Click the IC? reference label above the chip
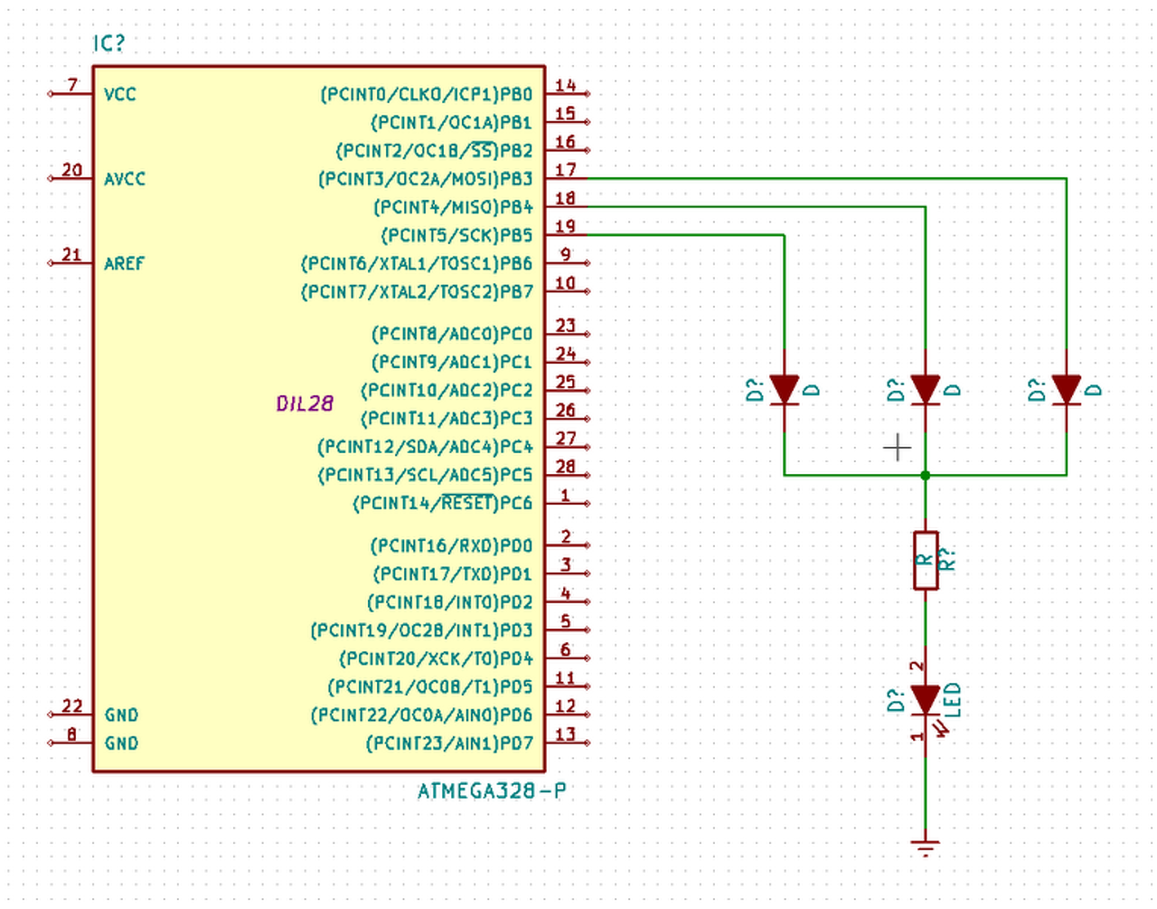[108, 43]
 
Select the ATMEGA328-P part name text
[492, 791]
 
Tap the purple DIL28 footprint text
[306, 403]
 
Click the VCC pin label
[120, 94]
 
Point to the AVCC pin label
[125, 179]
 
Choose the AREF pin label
[124, 263]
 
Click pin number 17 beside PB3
[566, 169]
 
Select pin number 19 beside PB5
[566, 226]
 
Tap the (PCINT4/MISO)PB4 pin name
[453, 207]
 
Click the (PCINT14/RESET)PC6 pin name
[442, 503]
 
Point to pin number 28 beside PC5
[566, 466]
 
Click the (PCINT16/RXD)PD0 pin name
[452, 545]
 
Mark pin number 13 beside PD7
[566, 734]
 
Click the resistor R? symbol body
[926, 560]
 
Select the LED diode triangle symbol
[926, 700]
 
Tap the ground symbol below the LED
[926, 847]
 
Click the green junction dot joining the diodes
[926, 475]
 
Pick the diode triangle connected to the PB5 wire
[785, 390]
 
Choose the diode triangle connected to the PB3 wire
[1067, 390]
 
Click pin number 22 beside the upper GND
[72, 705]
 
